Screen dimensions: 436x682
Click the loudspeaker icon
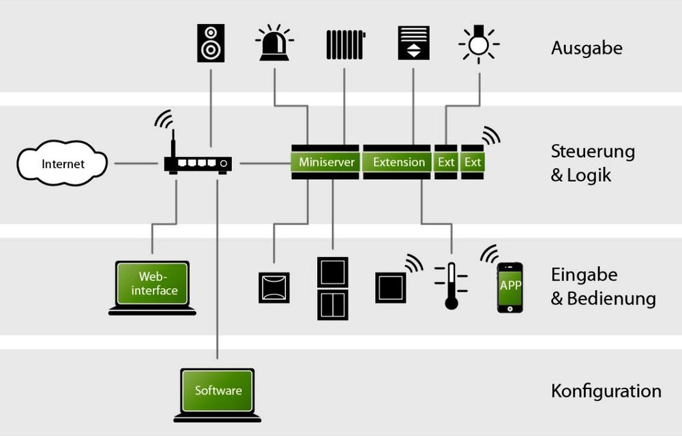pyautogui.click(x=211, y=43)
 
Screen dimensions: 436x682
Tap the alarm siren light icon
pyautogui.click(x=274, y=45)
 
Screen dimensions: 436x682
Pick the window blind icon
pyautogui.click(x=413, y=43)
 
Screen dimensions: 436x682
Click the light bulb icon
pyautogui.click(x=479, y=45)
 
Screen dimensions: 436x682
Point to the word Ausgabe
pyautogui.click(x=587, y=48)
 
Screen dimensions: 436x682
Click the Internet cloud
pyautogui.click(x=62, y=163)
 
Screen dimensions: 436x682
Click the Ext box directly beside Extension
pyautogui.click(x=445, y=162)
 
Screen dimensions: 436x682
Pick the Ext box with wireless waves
pyautogui.click(x=473, y=162)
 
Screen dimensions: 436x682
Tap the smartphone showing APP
pyautogui.click(x=510, y=287)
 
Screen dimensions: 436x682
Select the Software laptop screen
pyautogui.click(x=218, y=390)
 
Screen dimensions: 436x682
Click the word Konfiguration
pyautogui.click(x=606, y=391)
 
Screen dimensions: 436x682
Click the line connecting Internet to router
pyautogui.click(x=136, y=163)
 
